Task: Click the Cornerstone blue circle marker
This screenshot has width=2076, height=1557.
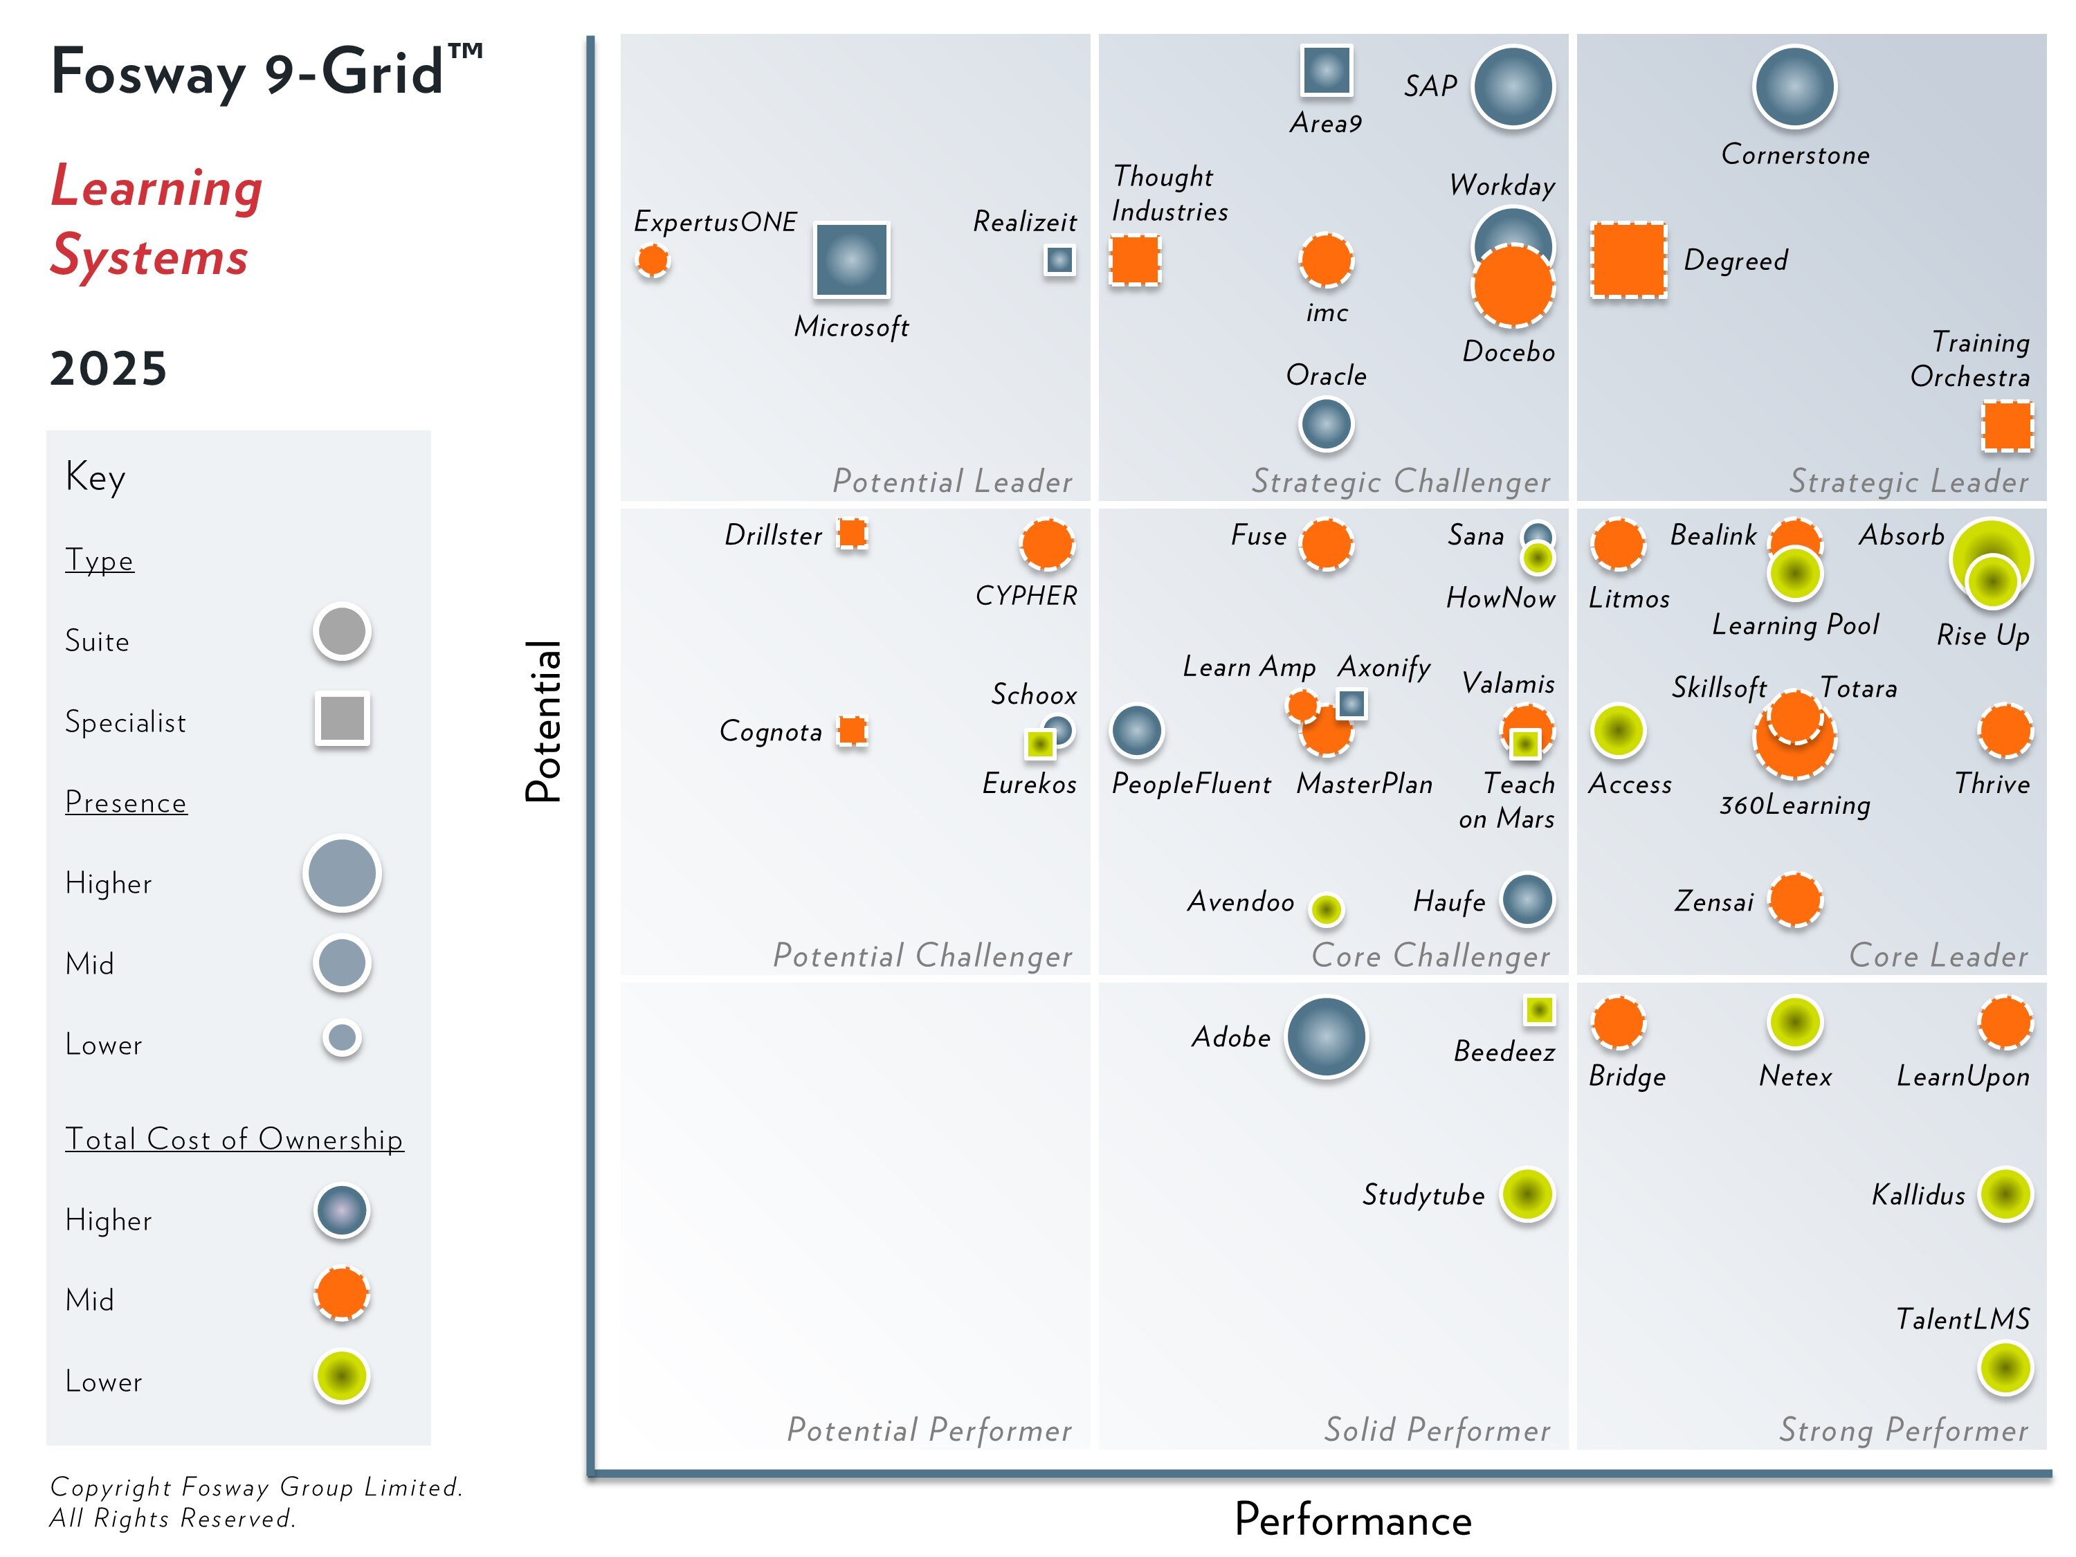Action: coord(1794,86)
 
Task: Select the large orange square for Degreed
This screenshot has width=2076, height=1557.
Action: coord(1628,260)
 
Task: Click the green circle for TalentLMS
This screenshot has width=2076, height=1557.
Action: coord(2005,1367)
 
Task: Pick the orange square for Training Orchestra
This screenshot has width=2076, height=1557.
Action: coord(2007,426)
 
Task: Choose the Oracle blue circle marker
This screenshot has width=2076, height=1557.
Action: coord(1325,424)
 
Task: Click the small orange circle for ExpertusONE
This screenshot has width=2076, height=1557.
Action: coord(653,260)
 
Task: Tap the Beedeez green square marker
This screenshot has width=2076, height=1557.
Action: coord(1538,1010)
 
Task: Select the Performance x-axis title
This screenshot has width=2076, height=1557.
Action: coord(1352,1520)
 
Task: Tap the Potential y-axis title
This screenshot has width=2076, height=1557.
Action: coord(543,721)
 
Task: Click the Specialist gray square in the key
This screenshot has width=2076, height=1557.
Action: coord(342,719)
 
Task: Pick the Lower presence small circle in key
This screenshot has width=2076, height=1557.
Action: coord(342,1038)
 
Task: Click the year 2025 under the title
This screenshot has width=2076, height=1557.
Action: coord(108,368)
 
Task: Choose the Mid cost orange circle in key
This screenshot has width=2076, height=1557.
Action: coord(342,1294)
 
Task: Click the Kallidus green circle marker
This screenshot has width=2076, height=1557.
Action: coord(2005,1194)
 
